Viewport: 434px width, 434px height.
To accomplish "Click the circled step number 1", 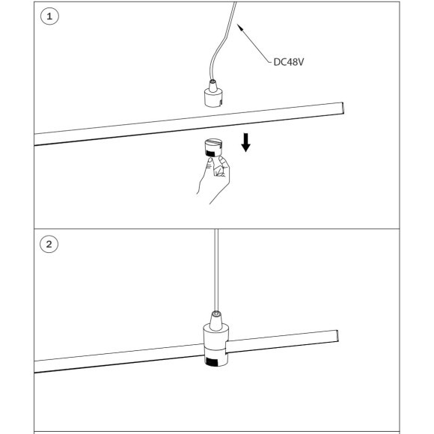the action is [49, 16].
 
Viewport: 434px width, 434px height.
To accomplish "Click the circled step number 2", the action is [49, 244].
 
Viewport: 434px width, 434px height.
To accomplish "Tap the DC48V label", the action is [288, 62].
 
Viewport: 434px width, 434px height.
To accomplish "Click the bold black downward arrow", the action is [245, 142].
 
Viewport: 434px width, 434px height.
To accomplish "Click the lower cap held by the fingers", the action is [213, 147].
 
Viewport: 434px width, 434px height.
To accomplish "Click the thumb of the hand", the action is [208, 167].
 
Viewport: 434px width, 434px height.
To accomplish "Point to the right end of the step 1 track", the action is [343, 108].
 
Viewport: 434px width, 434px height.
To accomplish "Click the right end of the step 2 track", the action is [337, 336].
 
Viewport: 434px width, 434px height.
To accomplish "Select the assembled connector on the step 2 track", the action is [216, 338].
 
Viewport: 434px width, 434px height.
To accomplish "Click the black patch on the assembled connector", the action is [212, 361].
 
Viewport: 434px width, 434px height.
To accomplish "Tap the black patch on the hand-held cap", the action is [211, 153].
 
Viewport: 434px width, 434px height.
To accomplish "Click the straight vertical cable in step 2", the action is [216, 270].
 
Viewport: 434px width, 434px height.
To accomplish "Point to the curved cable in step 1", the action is [221, 41].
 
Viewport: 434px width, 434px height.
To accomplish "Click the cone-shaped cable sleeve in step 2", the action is [216, 320].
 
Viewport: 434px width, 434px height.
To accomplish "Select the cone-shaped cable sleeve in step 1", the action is [213, 86].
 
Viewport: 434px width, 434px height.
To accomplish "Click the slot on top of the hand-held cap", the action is [213, 142].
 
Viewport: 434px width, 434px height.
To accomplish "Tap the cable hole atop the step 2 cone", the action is [216, 314].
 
